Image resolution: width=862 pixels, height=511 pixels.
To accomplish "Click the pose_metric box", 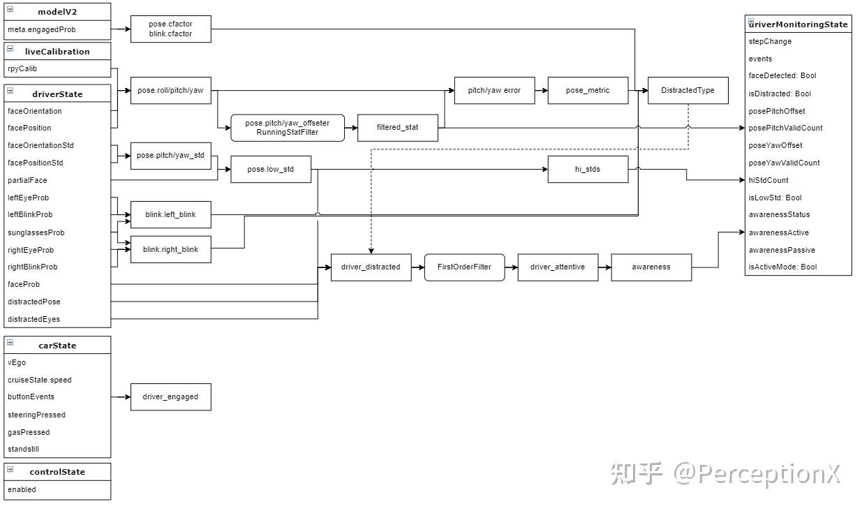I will tap(588, 91).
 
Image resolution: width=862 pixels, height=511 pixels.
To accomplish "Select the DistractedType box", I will tap(688, 91).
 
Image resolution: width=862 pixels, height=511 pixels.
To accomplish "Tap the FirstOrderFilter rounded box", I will tap(464, 267).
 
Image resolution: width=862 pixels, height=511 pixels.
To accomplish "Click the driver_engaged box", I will tap(170, 397).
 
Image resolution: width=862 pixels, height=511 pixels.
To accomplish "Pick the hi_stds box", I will tap(588, 170).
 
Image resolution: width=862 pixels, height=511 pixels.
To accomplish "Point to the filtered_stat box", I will tap(397, 128).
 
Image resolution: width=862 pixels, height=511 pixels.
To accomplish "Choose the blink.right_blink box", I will tap(170, 250).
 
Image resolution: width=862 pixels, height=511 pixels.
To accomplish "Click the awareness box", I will tap(651, 267).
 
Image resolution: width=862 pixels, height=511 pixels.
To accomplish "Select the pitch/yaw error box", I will tap(494, 91).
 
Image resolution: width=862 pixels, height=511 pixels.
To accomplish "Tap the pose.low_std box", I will tap(271, 170).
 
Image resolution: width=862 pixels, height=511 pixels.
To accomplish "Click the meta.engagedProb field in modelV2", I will tap(42, 30).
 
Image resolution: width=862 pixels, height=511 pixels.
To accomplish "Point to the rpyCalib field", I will tap(22, 69).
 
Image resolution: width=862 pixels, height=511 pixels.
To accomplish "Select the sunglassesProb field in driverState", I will tap(36, 232).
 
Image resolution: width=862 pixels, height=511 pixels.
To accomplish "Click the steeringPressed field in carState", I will tap(36, 415).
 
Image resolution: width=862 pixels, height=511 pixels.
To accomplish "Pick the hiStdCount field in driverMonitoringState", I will tap(768, 180).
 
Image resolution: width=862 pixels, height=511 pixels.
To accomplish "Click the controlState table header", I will tap(57, 472).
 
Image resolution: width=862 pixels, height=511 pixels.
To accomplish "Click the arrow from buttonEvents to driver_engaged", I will tap(121, 397).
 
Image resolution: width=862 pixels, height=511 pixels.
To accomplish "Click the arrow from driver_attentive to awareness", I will tap(604, 267).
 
